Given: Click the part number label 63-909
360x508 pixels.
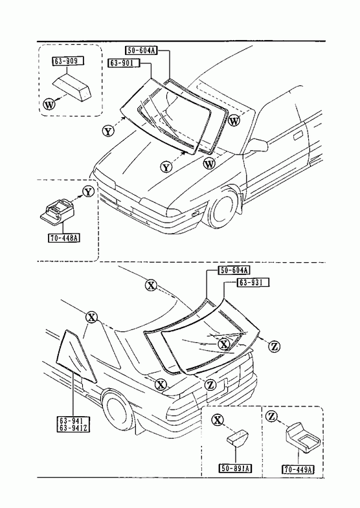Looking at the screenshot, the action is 67,61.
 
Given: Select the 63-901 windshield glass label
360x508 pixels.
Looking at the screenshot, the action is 124,63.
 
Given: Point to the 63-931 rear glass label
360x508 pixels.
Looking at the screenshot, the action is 254,283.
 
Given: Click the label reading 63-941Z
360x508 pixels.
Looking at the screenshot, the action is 74,428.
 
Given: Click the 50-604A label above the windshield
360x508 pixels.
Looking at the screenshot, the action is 141,50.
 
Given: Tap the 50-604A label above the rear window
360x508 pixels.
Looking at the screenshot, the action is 234,271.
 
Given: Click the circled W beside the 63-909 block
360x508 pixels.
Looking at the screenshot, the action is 49,105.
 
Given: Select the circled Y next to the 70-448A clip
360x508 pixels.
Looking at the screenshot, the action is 88,192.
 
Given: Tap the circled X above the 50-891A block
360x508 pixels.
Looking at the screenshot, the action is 218,420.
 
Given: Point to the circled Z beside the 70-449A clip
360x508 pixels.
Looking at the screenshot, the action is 271,416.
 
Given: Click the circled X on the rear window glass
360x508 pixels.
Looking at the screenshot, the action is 223,344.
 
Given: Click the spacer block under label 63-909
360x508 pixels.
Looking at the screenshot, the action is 72,85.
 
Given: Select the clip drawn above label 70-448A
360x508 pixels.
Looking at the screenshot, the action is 57,211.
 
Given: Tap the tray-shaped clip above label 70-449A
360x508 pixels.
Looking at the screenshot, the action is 303,438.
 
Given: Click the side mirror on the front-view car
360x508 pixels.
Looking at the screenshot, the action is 258,146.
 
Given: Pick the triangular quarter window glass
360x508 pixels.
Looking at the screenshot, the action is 76,356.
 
